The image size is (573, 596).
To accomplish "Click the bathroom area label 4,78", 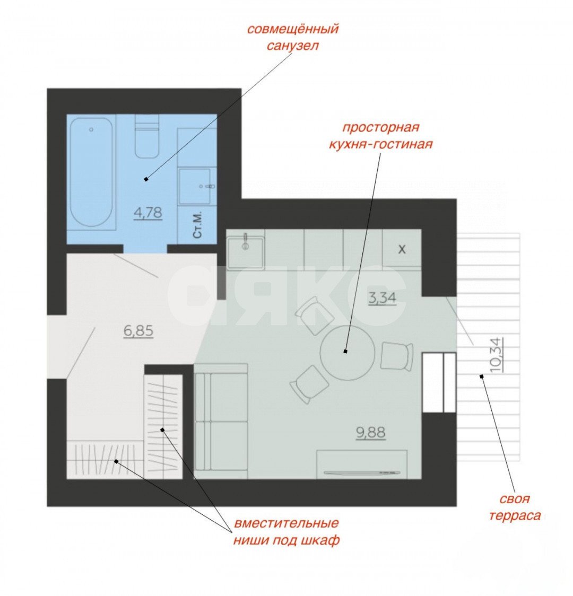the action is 148,213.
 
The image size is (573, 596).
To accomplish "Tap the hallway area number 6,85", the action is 138,331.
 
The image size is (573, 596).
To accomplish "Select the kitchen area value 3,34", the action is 382,298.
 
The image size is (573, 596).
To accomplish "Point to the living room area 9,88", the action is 371,433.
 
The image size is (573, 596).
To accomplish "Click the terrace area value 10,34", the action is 496,354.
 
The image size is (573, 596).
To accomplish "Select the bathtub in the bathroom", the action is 91,172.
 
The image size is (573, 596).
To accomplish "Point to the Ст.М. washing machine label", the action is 197,226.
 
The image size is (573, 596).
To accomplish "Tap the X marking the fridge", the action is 402,249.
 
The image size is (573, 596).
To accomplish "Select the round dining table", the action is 348,353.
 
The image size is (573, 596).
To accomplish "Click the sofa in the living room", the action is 221,421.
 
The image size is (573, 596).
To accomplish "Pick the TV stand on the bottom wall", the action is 362,464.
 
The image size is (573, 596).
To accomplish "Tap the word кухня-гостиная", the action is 380,144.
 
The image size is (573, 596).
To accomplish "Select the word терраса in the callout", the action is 515,516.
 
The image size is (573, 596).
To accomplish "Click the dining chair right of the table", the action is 397,356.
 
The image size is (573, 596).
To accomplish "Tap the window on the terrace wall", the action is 439,382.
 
